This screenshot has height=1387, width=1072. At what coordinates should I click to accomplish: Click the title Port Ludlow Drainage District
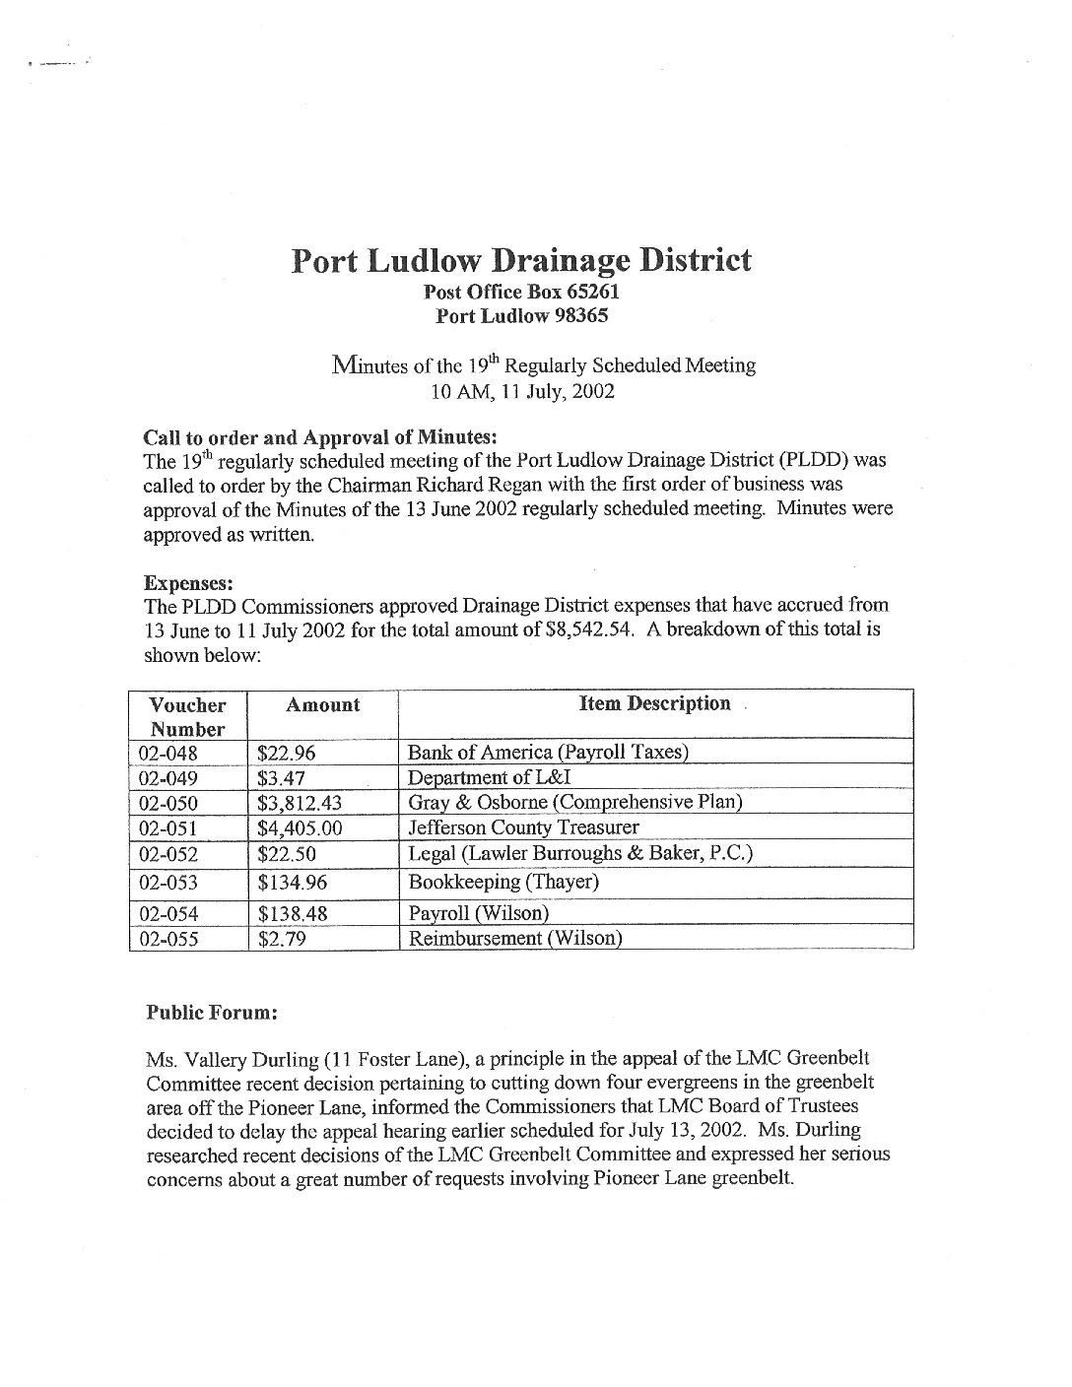click(521, 261)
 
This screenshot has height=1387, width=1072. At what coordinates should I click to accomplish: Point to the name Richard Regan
click(540, 485)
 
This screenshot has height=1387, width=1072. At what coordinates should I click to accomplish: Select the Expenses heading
click(188, 583)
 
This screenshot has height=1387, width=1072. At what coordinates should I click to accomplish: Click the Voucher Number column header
click(187, 717)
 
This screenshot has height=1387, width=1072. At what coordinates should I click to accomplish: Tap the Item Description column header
click(655, 703)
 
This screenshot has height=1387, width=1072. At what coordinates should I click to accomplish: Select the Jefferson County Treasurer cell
click(523, 827)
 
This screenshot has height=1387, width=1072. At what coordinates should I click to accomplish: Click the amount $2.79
click(282, 939)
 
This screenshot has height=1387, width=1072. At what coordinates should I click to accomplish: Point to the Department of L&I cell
click(490, 777)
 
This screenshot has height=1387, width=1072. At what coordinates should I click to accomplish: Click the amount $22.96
click(286, 754)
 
